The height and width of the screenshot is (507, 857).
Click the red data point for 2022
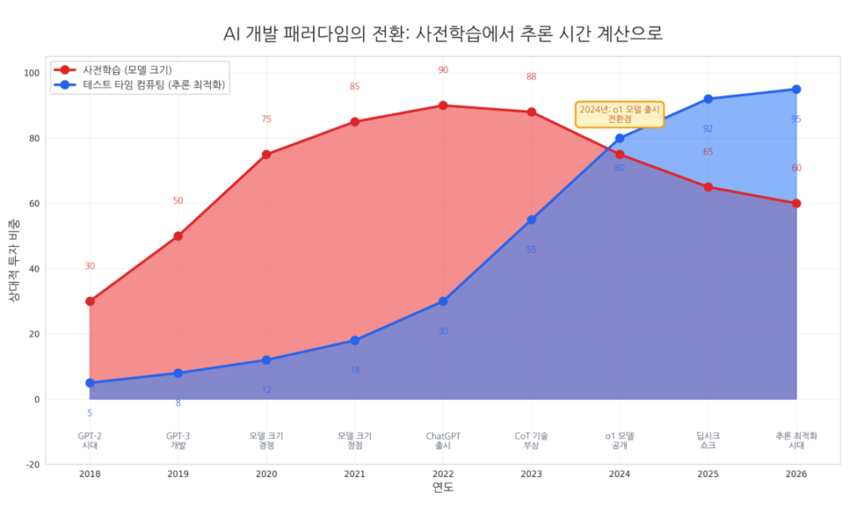point(443,105)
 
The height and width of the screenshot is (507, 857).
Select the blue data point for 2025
point(708,99)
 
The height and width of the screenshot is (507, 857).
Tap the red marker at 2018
point(90,301)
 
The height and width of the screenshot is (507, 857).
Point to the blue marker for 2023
point(531,220)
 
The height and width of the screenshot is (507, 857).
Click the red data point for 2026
point(796,203)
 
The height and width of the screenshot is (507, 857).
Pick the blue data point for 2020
point(266,360)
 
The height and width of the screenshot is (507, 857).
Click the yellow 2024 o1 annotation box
point(620,115)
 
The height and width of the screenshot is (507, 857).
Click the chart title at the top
point(443,33)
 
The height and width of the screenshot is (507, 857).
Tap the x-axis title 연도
point(443,488)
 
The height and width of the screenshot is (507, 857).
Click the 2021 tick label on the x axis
point(355,474)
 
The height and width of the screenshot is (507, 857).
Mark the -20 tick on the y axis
point(32,464)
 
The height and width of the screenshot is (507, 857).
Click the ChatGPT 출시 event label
point(443,440)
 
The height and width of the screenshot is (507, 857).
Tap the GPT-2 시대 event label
point(90,440)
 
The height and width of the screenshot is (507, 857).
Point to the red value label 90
point(443,70)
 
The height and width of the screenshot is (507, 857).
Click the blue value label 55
point(531,249)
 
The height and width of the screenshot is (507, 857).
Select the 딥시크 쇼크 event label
point(708,440)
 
